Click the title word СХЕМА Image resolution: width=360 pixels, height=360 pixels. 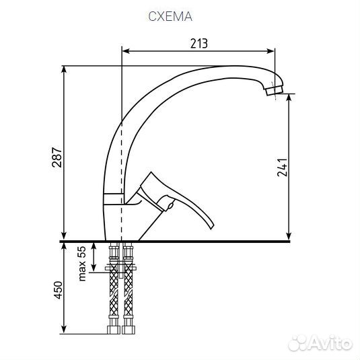point(170,16)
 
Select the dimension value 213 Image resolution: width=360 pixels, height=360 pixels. point(199,43)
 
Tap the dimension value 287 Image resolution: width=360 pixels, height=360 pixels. point(57,157)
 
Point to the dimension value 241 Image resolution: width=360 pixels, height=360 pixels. point(283,167)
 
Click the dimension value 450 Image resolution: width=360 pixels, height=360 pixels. point(58,290)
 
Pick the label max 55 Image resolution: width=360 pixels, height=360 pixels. point(82,264)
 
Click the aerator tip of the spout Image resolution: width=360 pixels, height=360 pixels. point(275,90)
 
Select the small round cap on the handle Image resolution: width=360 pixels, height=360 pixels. point(170,205)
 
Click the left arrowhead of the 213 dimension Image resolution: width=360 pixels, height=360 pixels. point(126,51)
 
